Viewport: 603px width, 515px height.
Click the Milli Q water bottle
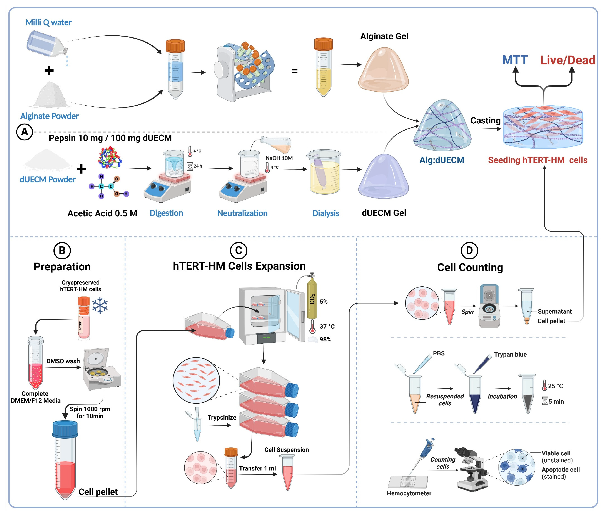[47, 45]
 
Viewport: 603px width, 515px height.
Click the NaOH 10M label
[279, 158]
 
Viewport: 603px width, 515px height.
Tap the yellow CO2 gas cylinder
[312, 298]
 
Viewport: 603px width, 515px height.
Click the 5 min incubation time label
[556, 401]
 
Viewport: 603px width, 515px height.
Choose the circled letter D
[469, 250]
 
